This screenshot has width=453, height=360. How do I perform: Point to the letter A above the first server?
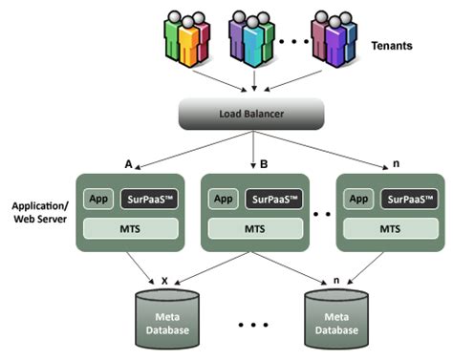(x=128, y=163)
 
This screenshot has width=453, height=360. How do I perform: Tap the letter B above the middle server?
(x=264, y=163)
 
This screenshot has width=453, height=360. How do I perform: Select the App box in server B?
(x=222, y=200)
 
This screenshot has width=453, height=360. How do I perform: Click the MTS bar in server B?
(x=255, y=229)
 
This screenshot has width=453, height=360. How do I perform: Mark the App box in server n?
(x=357, y=200)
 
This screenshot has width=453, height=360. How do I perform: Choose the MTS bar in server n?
(x=390, y=229)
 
